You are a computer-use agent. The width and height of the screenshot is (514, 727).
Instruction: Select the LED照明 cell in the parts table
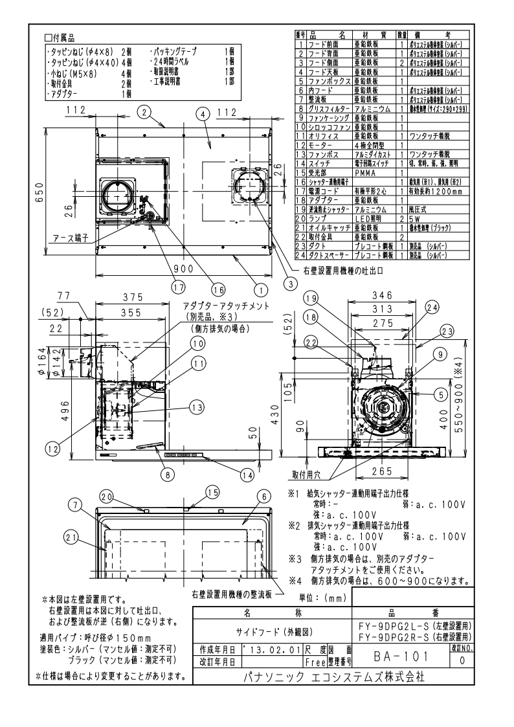tap(371, 238)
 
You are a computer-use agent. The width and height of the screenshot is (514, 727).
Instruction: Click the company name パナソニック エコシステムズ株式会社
tap(333, 677)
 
